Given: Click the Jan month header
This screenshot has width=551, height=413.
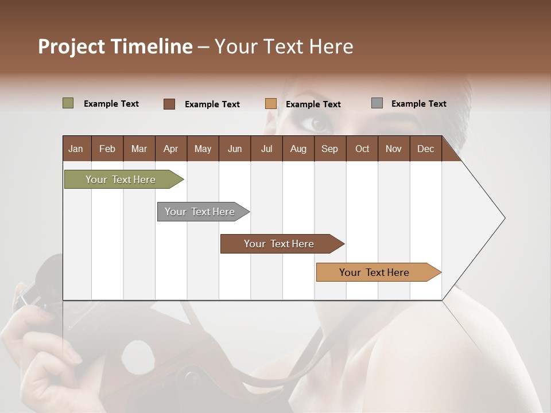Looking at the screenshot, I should point(76,149).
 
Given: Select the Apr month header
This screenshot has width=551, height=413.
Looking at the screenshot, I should point(170,149).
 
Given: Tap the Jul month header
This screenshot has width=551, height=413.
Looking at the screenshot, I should point(266,149).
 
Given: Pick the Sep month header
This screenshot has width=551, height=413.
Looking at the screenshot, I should point(329,149).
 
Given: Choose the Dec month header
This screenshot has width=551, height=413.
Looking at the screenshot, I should point(425,149).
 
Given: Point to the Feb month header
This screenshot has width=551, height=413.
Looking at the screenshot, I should point(107,149).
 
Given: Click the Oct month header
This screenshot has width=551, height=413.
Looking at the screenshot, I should point(362,149).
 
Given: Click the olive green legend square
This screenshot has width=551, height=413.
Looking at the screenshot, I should point(68,103).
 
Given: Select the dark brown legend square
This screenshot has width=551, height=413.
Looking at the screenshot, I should point(169,104).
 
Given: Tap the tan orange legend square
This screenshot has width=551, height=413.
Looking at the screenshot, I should point(271,104).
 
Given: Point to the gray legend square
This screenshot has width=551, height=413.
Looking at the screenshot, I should point(377,103).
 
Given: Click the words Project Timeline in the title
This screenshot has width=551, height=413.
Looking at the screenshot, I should point(115,46).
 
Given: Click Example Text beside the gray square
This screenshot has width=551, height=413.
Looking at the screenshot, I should point(418,104).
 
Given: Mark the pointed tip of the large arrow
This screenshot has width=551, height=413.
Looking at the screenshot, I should point(504,218).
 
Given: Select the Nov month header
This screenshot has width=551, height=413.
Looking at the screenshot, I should point(394,149).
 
